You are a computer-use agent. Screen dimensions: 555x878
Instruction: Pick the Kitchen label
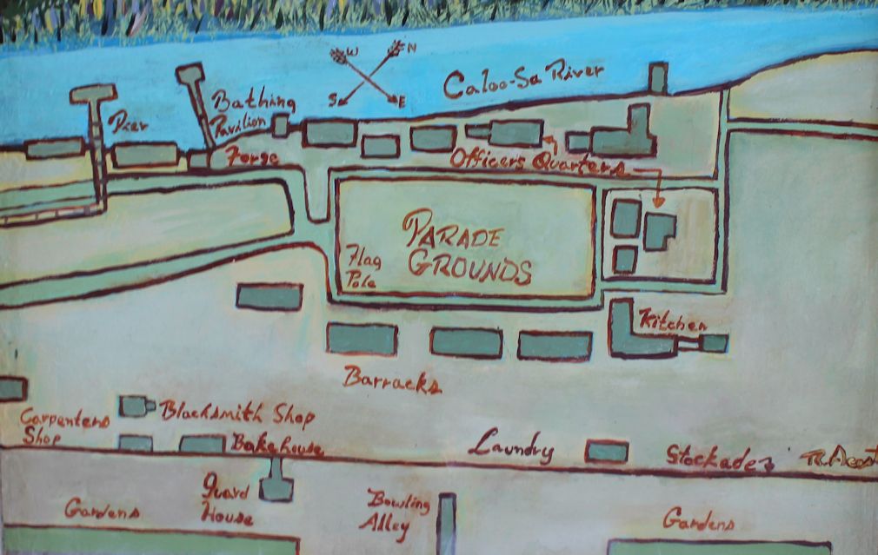click(x=672, y=320)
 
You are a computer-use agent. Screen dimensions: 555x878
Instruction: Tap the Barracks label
click(x=392, y=380)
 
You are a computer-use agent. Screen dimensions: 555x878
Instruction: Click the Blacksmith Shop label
click(x=236, y=413)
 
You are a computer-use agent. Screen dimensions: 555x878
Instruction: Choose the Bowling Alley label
click(x=396, y=512)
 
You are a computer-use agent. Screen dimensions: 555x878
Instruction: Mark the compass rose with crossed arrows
click(x=369, y=75)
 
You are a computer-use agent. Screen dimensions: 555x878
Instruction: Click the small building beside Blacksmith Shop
click(x=133, y=406)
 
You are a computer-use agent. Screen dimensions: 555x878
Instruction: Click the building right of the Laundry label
click(x=606, y=452)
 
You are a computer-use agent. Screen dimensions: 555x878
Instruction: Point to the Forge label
click(x=252, y=159)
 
